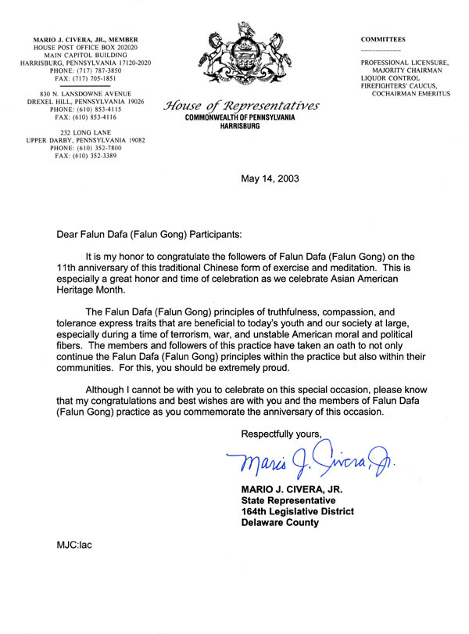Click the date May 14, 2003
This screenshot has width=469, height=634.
point(270,178)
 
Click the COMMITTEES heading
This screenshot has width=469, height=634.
point(383,38)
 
